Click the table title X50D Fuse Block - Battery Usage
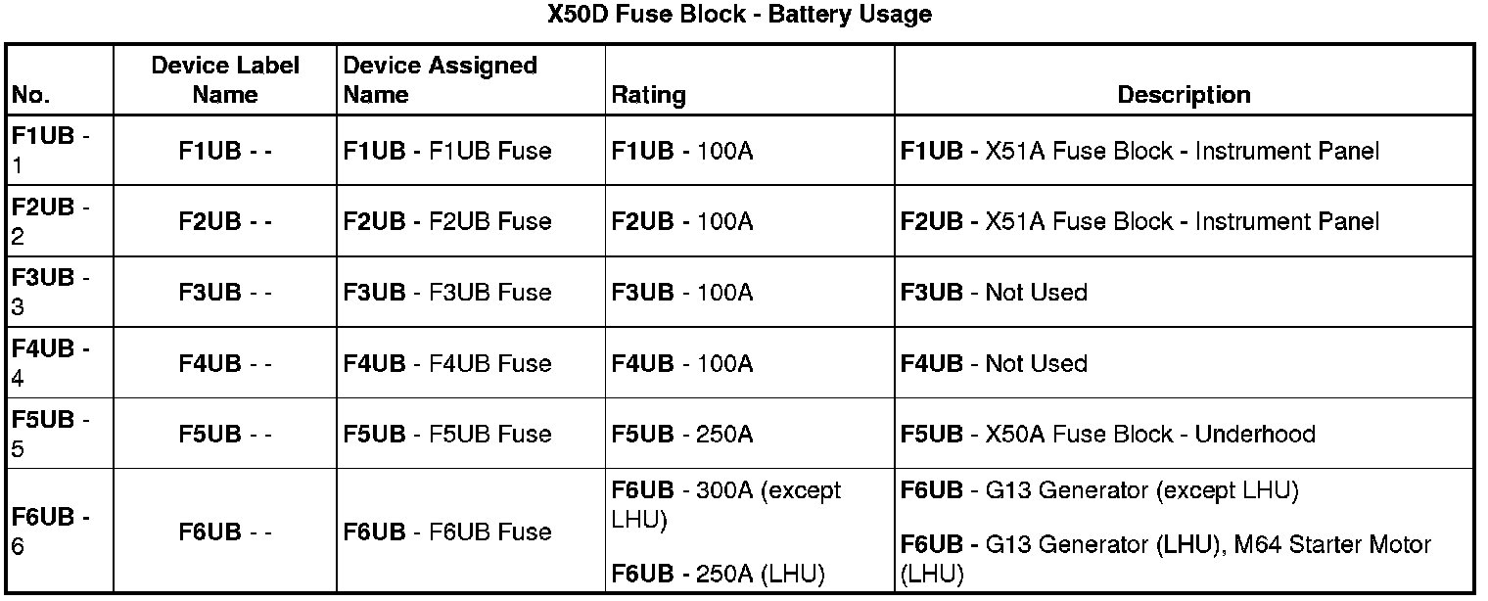[x=739, y=15]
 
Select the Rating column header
[x=648, y=95]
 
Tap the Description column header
[x=1184, y=95]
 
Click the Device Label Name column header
[x=225, y=80]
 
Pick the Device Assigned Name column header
[x=440, y=80]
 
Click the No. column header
[x=30, y=95]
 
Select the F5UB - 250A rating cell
[x=682, y=434]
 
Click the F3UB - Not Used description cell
[x=994, y=292]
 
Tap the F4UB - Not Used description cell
[x=994, y=363]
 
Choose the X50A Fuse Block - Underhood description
[x=1107, y=434]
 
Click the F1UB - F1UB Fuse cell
[x=447, y=151]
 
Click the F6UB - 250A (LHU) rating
[x=718, y=574]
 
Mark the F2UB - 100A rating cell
[x=682, y=221]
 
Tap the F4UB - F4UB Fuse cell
[x=447, y=363]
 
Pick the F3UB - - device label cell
[x=225, y=292]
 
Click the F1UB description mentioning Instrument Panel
[x=1139, y=151]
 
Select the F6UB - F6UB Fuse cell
[x=447, y=532]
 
